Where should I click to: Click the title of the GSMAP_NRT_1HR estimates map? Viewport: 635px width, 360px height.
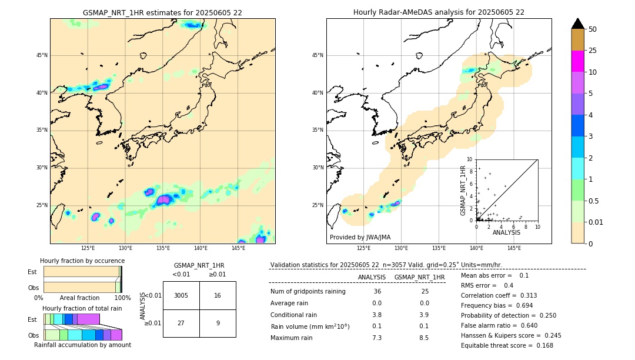(x=162, y=12)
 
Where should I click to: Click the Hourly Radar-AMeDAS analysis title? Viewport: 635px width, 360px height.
(x=439, y=12)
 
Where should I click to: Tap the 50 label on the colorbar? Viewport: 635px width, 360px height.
(x=593, y=29)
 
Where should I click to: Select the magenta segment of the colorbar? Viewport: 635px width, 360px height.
(x=577, y=61)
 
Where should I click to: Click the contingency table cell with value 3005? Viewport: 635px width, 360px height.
(x=181, y=295)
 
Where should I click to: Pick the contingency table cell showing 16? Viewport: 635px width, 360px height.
(x=218, y=295)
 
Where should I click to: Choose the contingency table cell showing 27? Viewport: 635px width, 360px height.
(x=181, y=323)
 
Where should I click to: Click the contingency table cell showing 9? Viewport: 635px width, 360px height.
(x=218, y=323)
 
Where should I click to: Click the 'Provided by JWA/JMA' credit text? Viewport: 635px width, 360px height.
(x=360, y=237)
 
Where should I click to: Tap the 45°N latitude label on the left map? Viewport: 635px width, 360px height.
(x=42, y=55)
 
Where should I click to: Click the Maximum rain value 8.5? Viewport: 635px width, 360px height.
(x=423, y=338)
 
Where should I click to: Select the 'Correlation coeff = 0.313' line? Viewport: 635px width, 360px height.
(x=499, y=295)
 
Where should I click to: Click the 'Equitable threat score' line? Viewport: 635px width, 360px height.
(x=507, y=345)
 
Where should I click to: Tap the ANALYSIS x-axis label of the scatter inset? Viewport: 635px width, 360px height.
(x=506, y=233)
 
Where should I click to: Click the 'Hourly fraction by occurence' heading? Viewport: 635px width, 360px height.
(x=82, y=261)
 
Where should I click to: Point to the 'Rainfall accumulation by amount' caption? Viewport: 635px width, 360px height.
(x=83, y=345)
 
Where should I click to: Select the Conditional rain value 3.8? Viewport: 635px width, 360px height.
(x=377, y=315)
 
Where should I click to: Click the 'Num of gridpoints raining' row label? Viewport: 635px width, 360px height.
(x=308, y=291)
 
